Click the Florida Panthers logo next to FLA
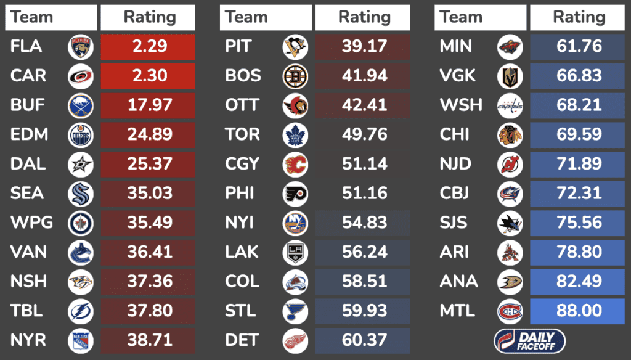pyautogui.click(x=81, y=47)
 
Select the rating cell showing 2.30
pyautogui.click(x=149, y=76)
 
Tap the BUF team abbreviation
pyautogui.click(x=28, y=105)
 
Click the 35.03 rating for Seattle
pyautogui.click(x=149, y=194)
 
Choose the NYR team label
pyautogui.click(x=28, y=340)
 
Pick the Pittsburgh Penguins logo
pyautogui.click(x=295, y=47)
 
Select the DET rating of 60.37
pyautogui.click(x=364, y=340)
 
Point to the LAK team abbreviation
pyautogui.click(x=242, y=252)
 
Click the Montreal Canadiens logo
pyautogui.click(x=510, y=311)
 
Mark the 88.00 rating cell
pyautogui.click(x=578, y=311)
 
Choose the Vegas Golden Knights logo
pyautogui.click(x=510, y=76)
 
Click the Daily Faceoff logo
pyautogui.click(x=529, y=340)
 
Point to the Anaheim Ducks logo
pyautogui.click(x=510, y=282)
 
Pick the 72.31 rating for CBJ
pyautogui.click(x=578, y=194)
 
